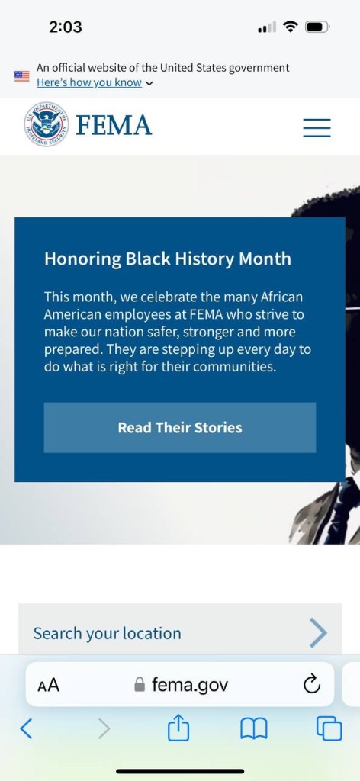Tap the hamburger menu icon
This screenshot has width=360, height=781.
coord(317,127)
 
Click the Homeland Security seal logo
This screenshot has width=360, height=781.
coord(47,124)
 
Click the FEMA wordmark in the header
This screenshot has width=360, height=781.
coord(114,125)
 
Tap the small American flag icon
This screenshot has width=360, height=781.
coord(22,76)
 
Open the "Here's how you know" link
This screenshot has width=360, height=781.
coord(89,82)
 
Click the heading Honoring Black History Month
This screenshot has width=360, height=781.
coord(168,259)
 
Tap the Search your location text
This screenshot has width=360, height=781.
coord(107,634)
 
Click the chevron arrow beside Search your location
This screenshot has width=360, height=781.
coord(318,632)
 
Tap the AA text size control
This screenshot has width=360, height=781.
coord(48,686)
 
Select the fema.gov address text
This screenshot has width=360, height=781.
coord(190,685)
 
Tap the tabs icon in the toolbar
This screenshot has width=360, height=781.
coord(329,728)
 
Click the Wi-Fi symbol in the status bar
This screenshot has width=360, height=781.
coord(290,27)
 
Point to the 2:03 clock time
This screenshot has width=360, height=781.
coord(66,27)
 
